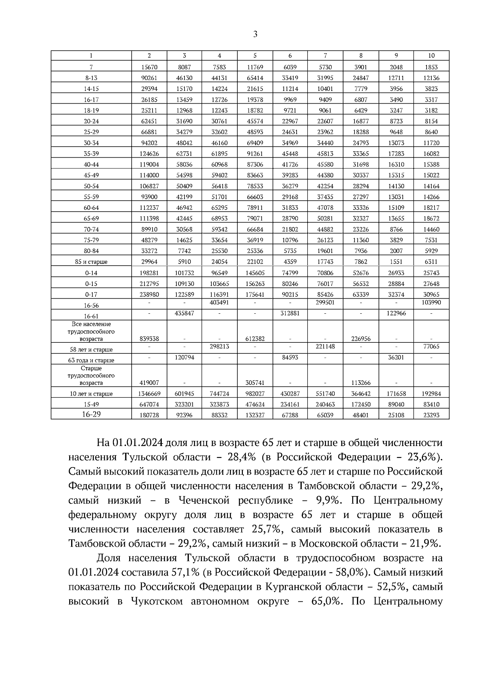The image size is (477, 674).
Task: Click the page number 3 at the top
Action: (x=255, y=35)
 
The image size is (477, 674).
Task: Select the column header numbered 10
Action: (x=431, y=56)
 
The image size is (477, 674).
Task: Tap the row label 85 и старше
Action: (x=91, y=262)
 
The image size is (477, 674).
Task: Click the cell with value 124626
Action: (x=149, y=154)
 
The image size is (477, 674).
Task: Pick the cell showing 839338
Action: (x=149, y=339)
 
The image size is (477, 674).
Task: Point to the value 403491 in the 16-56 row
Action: (x=219, y=303)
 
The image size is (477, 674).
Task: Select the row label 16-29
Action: (x=91, y=414)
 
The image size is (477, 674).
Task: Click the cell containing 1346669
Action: (x=149, y=394)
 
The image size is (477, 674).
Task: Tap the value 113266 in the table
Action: (x=361, y=383)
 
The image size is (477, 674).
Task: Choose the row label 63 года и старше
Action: (x=91, y=361)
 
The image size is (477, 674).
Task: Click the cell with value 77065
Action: (x=431, y=347)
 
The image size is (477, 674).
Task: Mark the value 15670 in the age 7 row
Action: (x=149, y=68)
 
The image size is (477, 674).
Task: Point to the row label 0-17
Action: (x=91, y=295)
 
